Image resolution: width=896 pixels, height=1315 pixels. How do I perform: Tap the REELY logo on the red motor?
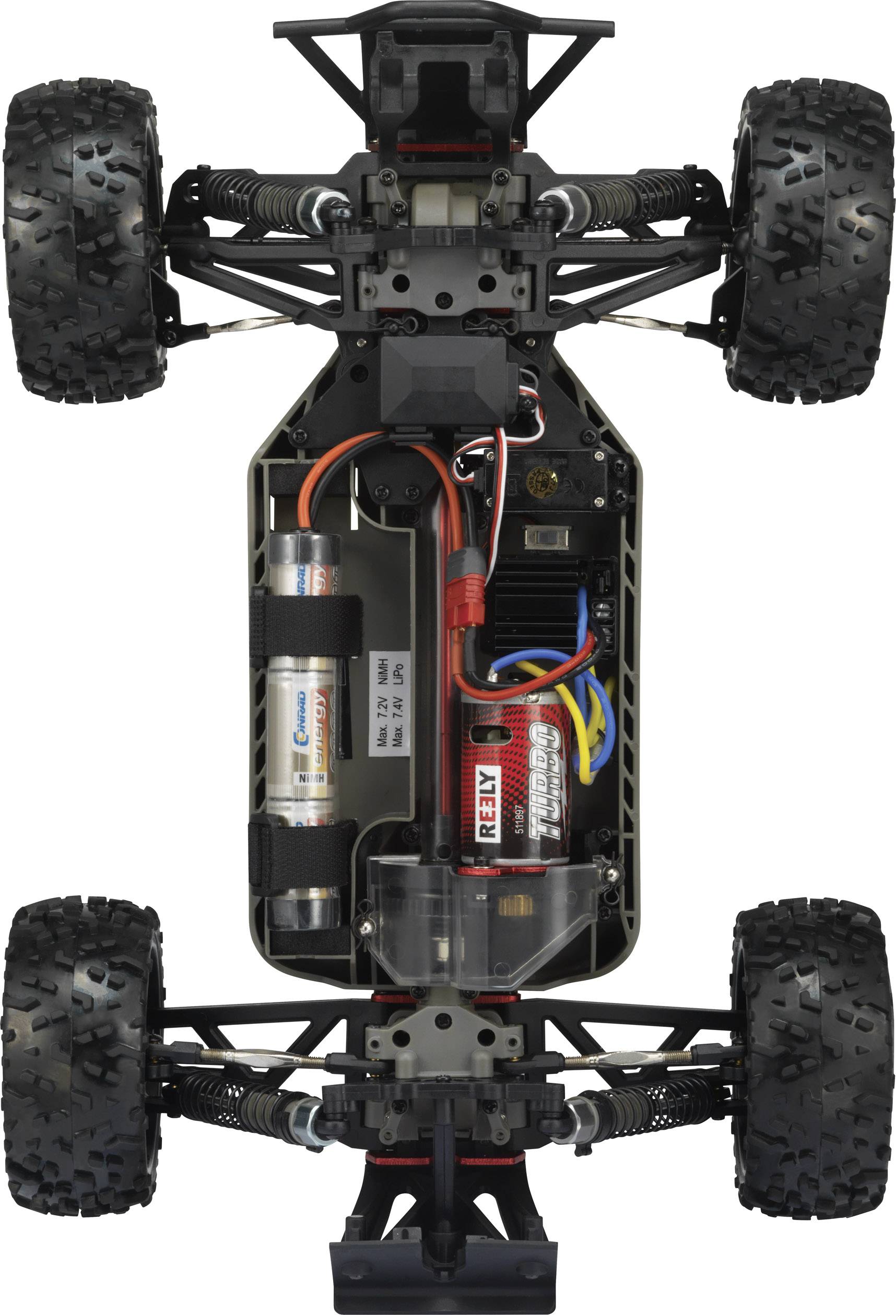[488, 804]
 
